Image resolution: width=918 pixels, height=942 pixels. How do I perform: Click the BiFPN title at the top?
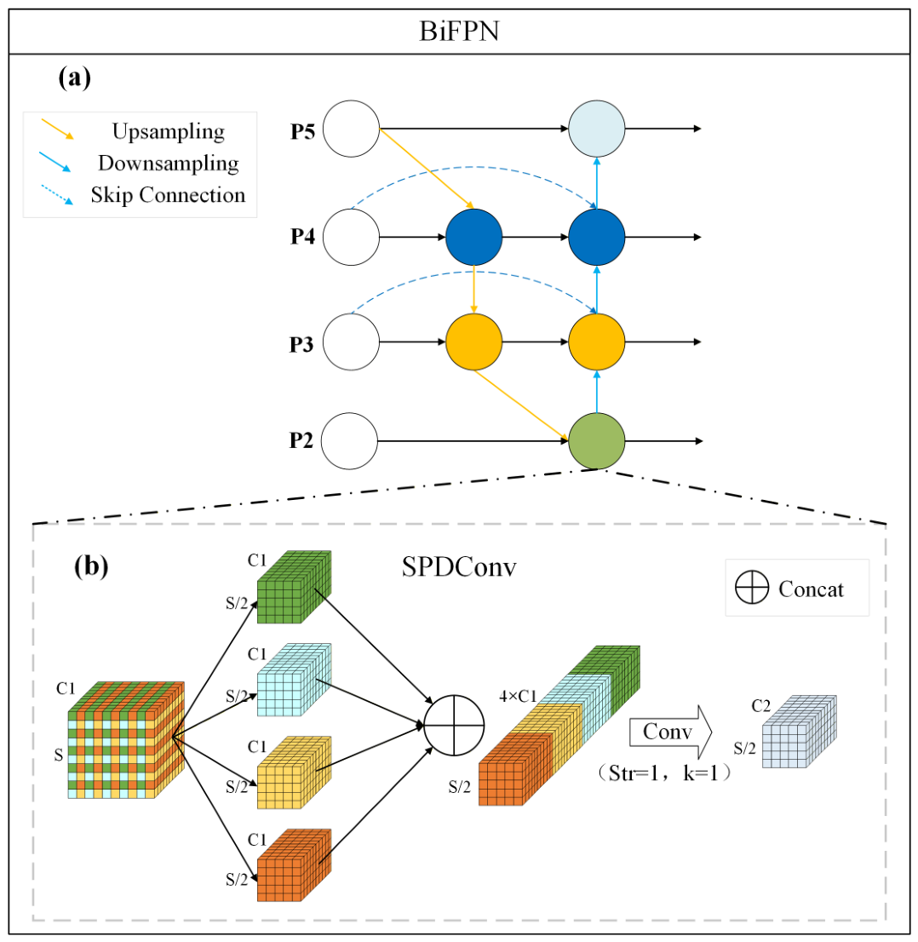click(x=459, y=32)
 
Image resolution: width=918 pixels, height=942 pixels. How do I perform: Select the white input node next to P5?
click(x=352, y=129)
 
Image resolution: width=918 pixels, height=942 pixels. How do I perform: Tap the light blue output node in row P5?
click(x=597, y=129)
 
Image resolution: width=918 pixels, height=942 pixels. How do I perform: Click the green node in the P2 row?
click(x=597, y=441)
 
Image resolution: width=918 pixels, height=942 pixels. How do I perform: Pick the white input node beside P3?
click(x=352, y=342)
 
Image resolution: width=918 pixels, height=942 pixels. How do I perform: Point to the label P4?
click(x=303, y=237)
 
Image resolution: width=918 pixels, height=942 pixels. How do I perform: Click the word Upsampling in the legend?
click(x=169, y=131)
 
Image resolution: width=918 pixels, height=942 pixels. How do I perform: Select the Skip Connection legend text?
click(x=169, y=195)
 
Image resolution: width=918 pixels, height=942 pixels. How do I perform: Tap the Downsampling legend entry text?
click(x=169, y=163)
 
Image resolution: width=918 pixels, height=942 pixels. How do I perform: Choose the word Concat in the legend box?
click(x=811, y=589)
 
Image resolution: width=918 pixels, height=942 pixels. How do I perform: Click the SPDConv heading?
click(x=459, y=567)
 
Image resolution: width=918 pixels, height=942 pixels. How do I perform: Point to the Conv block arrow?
click(x=670, y=732)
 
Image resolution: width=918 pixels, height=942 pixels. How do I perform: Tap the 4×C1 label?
click(x=518, y=697)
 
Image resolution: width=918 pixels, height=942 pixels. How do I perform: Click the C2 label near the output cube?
click(x=761, y=705)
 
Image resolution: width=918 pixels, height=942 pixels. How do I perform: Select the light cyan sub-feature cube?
click(x=294, y=680)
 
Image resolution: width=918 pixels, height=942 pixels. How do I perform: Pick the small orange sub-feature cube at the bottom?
click(x=294, y=865)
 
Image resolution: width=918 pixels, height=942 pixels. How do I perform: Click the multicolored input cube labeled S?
click(x=126, y=740)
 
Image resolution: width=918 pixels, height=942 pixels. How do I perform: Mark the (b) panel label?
click(x=91, y=566)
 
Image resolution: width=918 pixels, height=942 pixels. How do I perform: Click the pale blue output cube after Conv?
click(x=799, y=732)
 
